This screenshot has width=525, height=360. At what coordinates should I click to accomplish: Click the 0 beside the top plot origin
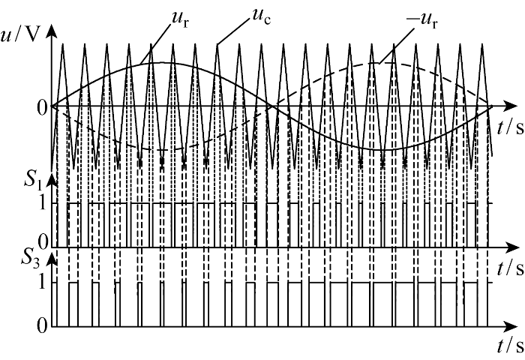click(x=42, y=107)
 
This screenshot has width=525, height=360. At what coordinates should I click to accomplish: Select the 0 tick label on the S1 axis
click(x=42, y=241)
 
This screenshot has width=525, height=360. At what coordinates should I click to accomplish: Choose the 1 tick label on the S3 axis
click(x=42, y=283)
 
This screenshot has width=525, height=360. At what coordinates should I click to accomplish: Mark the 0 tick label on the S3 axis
click(x=42, y=326)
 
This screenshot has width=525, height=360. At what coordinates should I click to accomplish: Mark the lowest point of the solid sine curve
click(x=382, y=150)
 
